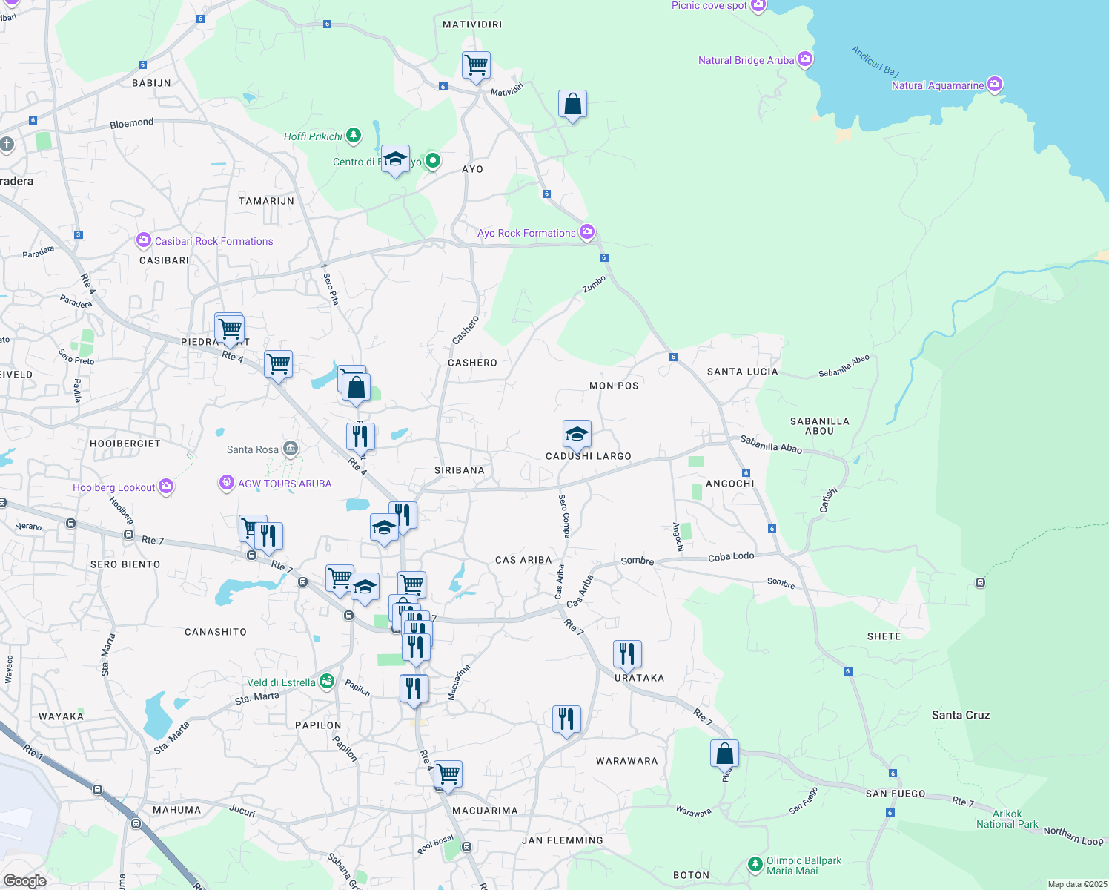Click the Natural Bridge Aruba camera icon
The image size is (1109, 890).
pos(805,60)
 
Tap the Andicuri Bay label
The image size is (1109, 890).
pos(875,61)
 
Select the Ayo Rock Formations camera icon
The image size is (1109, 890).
pos(587,232)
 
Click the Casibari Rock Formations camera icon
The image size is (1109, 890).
pos(144,240)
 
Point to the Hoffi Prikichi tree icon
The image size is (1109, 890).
pos(354,136)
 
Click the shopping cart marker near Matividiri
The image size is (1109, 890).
pos(476,65)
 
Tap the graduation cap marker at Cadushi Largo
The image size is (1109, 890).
pos(577,435)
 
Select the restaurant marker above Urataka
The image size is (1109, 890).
pos(627,654)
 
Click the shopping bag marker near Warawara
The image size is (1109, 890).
pos(724,754)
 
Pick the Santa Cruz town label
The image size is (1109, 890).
pos(961,715)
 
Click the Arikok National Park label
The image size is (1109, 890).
pos(1007,819)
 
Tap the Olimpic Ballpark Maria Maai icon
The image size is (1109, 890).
pos(755,864)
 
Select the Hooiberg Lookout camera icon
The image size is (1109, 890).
pos(166,487)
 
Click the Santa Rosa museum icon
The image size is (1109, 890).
pos(291,449)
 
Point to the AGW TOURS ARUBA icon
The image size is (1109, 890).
pos(227,483)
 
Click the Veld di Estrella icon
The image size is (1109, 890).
pos(326,682)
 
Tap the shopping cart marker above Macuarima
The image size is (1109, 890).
pos(448,774)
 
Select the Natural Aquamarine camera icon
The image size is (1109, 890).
pos(995,85)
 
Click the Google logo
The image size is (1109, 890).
pos(24,880)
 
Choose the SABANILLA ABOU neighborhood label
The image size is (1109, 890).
pos(819,426)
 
